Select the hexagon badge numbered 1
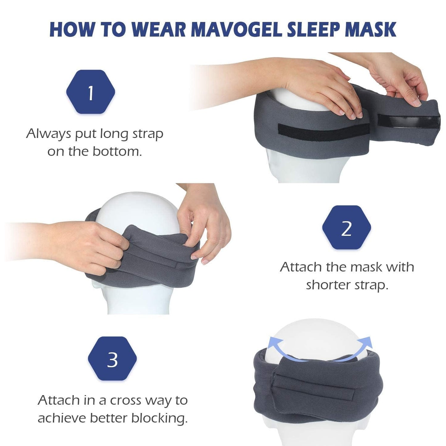pyautogui.click(x=90, y=92)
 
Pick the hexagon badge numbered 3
pyautogui.click(x=112, y=359)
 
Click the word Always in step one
pyautogui.click(x=48, y=134)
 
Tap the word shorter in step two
pyautogui.click(x=327, y=285)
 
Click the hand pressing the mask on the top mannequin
pyautogui.click(x=321, y=90)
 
